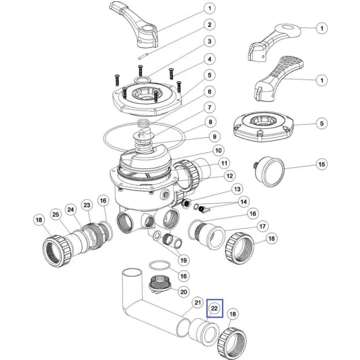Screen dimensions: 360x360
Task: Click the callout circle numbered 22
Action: [x=214, y=308]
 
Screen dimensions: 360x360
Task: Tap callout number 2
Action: [x=210, y=24]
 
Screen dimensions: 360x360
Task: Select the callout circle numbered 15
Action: [x=322, y=164]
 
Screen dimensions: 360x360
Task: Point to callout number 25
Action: [x=56, y=214]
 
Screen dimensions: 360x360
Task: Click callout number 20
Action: [x=183, y=292]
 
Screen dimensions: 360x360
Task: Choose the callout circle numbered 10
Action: [x=218, y=150]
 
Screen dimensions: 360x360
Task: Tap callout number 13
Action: [x=237, y=189]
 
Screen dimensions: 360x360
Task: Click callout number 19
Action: [x=183, y=260]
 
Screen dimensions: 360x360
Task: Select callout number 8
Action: [x=210, y=122]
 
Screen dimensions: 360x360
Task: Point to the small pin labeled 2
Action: [x=142, y=56]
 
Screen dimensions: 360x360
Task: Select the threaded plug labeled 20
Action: [x=159, y=284]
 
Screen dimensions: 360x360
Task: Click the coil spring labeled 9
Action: [x=143, y=144]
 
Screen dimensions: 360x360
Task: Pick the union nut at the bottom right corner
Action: [x=232, y=344]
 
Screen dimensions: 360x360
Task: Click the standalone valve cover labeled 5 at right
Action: [x=263, y=127]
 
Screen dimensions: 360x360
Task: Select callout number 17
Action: [x=262, y=226]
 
